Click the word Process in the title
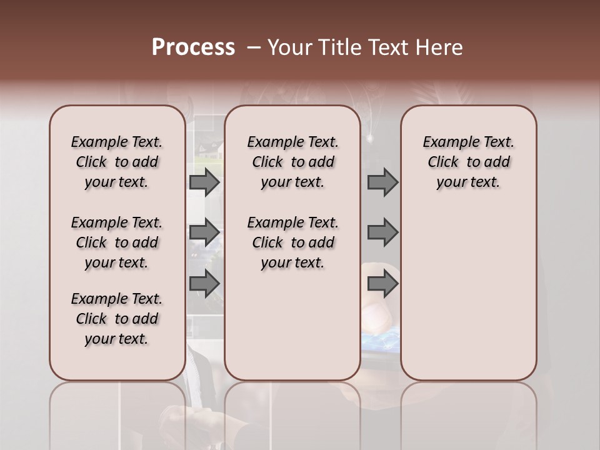[x=193, y=47]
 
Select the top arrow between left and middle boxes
[x=204, y=182]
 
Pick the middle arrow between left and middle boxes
[x=204, y=232]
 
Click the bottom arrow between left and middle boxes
[x=204, y=283]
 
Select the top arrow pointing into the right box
[x=382, y=182]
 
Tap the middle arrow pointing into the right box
[x=382, y=232]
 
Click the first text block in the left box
[x=117, y=162]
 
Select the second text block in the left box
[x=117, y=242]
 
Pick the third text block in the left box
[x=117, y=319]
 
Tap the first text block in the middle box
[x=292, y=162]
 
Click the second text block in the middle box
[x=292, y=242]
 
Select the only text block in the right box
[x=468, y=162]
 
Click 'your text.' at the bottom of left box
[x=117, y=339]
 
